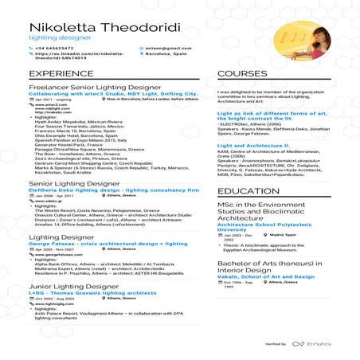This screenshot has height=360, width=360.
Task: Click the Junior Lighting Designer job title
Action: [x=63, y=285]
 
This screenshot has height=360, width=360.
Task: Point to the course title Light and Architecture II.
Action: [x=252, y=146]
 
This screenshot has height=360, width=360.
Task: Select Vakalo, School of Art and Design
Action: [x=264, y=276]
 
